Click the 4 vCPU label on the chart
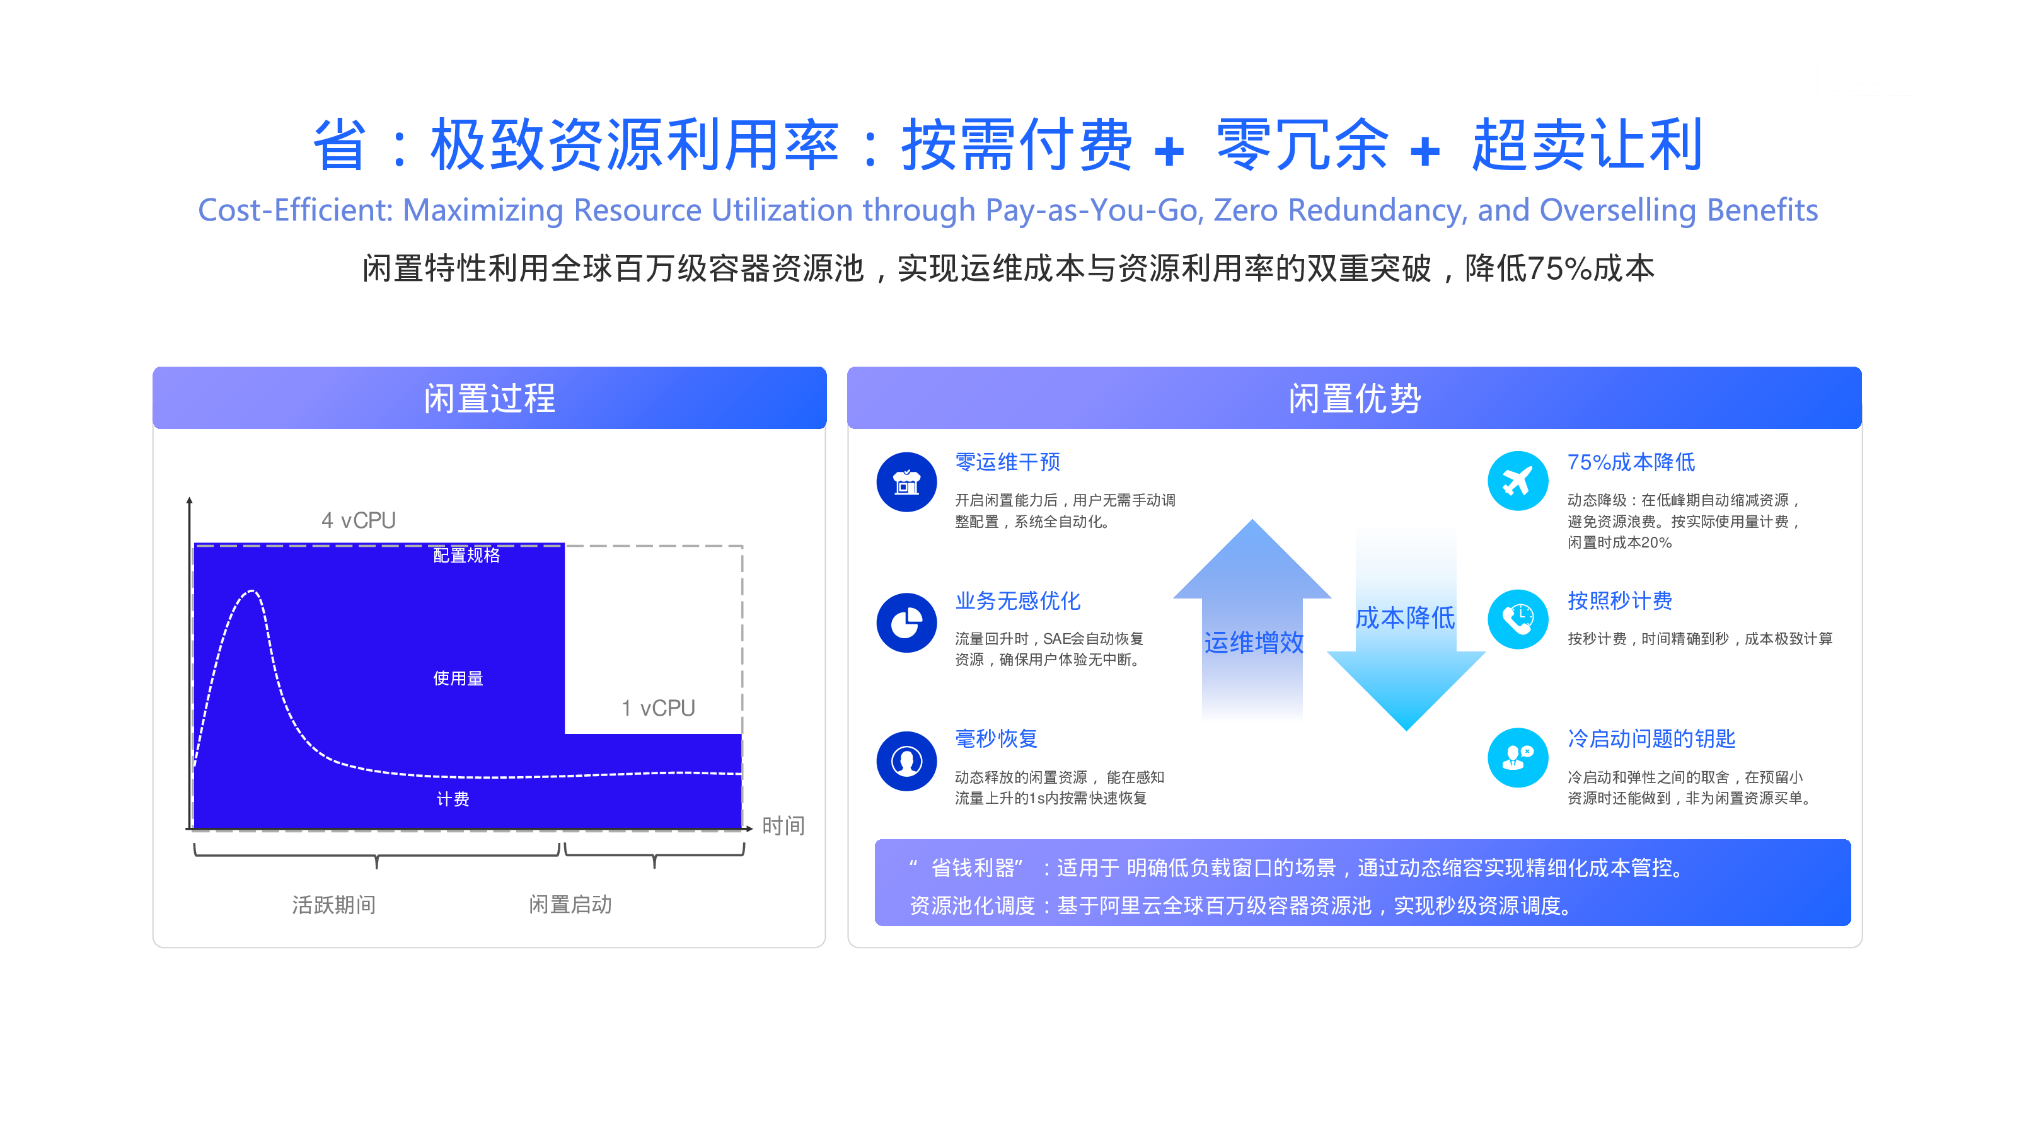pyautogui.click(x=359, y=520)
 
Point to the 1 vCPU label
pyautogui.click(x=659, y=708)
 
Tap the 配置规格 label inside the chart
pyautogui.click(x=466, y=555)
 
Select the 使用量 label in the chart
pyautogui.click(x=458, y=679)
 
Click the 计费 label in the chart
pyautogui.click(x=453, y=799)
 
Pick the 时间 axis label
pyautogui.click(x=783, y=826)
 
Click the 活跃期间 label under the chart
pyautogui.click(x=333, y=905)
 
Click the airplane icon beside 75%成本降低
pyautogui.click(x=1517, y=481)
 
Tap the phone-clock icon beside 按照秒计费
pyautogui.click(x=1517, y=620)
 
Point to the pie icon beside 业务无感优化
pyautogui.click(x=907, y=623)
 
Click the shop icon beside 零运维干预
pyautogui.click(x=907, y=482)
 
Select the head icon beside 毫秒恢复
pyautogui.click(x=907, y=760)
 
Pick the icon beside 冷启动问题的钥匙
pyautogui.click(x=1517, y=757)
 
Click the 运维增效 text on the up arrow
pyautogui.click(x=1254, y=643)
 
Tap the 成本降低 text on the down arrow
pyautogui.click(x=1406, y=617)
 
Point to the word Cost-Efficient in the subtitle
pyautogui.click(x=294, y=210)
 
